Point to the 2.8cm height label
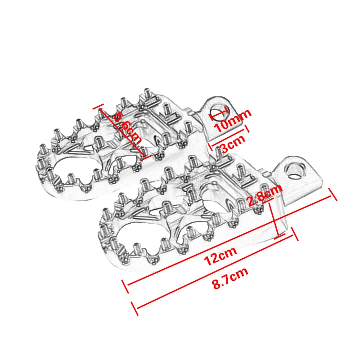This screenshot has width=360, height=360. [x=265, y=197]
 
